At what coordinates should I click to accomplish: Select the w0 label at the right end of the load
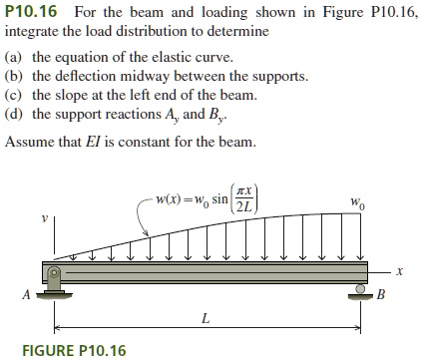pyautogui.click(x=357, y=201)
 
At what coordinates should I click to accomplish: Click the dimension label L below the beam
pyautogui.click(x=206, y=319)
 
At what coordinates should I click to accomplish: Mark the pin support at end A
pyautogui.click(x=56, y=284)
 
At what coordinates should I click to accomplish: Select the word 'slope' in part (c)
pyautogui.click(x=71, y=95)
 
